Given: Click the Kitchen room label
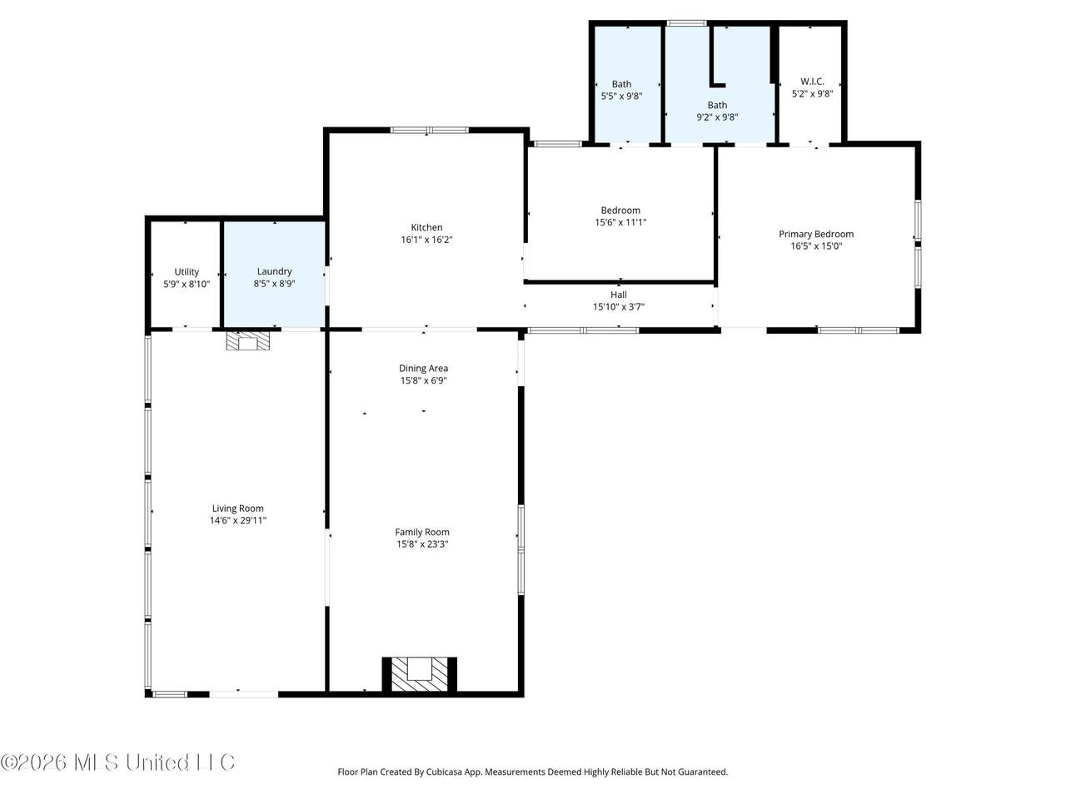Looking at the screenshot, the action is pos(426,227).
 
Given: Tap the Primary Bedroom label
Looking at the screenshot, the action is pos(816,234).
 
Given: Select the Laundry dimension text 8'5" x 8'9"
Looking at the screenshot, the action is pos(274,283).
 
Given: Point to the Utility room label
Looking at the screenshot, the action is pos(187,271).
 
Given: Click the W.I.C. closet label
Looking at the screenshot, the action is pos(812,82).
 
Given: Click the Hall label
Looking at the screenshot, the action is pos(618,295).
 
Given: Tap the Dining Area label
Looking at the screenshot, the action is pos(424,369).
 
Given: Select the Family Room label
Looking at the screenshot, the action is pos(422,532).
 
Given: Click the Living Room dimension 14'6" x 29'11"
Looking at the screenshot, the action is pos(238,520).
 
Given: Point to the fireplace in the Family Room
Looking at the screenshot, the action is pos(419,674).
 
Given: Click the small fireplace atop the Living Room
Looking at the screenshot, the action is pos(247,341).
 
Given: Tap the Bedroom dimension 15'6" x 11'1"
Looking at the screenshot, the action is pos(620,222).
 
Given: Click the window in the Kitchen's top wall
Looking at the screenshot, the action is pos(429,130).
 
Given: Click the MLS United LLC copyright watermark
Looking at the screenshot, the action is pos(117,762).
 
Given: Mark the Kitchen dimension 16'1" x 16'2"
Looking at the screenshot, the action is pos(426,239).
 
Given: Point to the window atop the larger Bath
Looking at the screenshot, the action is pos(687,22).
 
